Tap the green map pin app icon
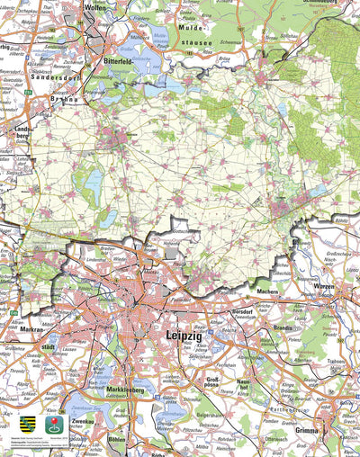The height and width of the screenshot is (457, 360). pyautogui.click(x=50, y=423)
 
